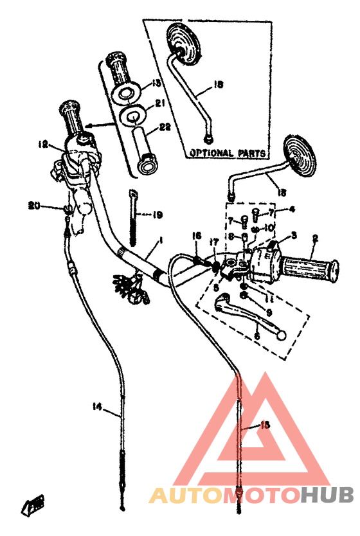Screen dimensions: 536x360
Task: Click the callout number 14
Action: [97, 406]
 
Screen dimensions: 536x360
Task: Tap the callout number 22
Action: [165, 127]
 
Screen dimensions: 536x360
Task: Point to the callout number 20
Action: [33, 206]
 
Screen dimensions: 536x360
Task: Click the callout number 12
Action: [43, 144]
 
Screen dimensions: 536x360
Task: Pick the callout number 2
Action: [315, 238]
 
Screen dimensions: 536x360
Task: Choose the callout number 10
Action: [270, 228]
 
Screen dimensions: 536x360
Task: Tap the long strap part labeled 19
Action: [133, 219]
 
